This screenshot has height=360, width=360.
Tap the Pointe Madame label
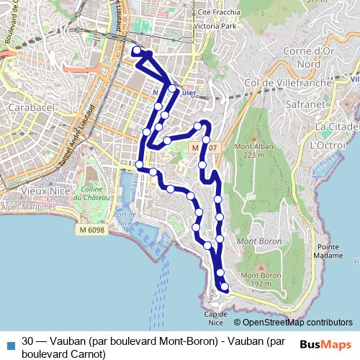click(328, 251)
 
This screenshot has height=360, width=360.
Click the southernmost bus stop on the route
click(225, 287)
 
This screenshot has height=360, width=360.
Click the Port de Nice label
click(125, 218)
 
